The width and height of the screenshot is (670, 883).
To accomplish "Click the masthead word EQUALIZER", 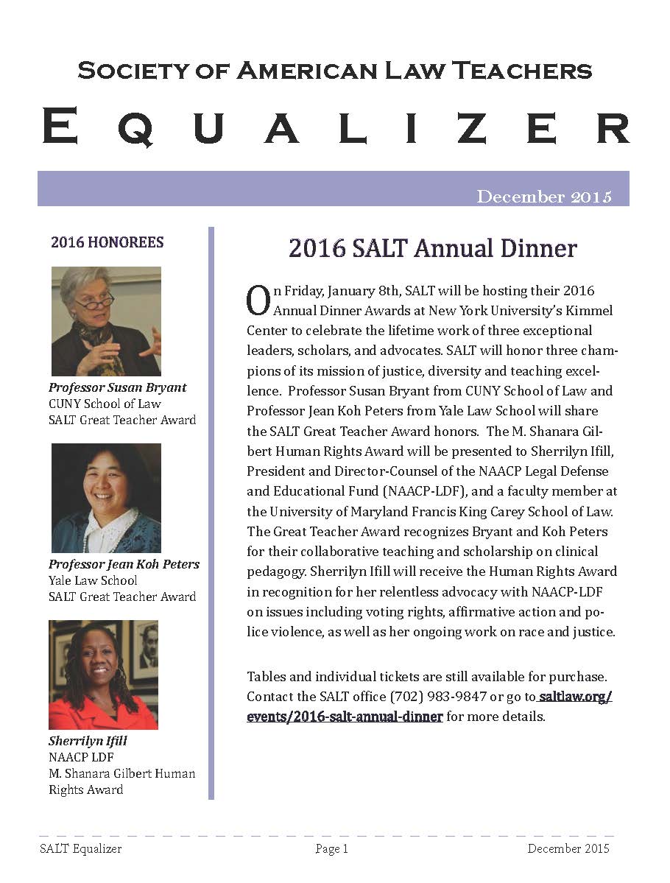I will tap(335, 126).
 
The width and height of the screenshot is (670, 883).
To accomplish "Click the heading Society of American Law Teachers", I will tap(335, 71).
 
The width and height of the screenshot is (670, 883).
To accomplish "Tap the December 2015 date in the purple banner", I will tap(544, 197).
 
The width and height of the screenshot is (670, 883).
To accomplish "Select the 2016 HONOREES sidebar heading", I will tap(107, 242).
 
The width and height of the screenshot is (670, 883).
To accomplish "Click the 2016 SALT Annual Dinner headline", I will tap(432, 248).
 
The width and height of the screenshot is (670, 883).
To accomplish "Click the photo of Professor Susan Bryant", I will tap(106, 321).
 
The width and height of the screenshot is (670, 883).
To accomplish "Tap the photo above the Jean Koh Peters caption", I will tap(106, 498).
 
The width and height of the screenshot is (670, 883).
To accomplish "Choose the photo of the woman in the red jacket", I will tap(103, 675).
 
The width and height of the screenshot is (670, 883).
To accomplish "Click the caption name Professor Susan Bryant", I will tap(118, 387).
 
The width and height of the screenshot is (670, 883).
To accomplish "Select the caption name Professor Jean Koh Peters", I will tap(124, 564).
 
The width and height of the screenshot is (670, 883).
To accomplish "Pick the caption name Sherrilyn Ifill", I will tap(88, 741).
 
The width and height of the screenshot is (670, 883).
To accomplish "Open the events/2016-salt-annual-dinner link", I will tap(345, 716).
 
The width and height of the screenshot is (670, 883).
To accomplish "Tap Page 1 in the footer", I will tap(331, 849).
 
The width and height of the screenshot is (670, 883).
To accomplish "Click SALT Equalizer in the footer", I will tap(81, 849).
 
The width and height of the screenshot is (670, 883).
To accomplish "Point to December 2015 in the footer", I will tap(568, 849).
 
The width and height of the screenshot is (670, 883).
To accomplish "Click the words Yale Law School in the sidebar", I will tap(93, 580).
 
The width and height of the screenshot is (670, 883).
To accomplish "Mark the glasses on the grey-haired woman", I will tap(94, 300).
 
